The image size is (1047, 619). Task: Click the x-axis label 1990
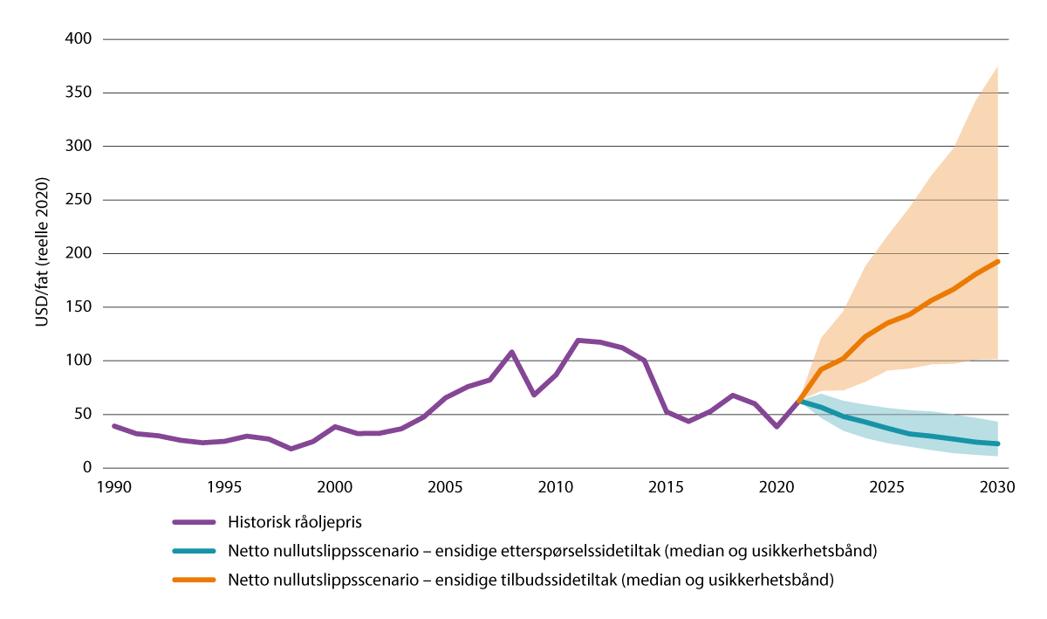click(113, 486)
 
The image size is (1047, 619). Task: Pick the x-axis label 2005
click(445, 486)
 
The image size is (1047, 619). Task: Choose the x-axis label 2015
click(666, 486)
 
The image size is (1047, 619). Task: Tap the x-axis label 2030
click(997, 486)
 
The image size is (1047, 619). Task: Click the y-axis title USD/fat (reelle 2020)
click(41, 253)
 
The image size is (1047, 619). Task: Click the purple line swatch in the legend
click(194, 522)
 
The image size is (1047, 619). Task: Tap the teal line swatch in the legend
click(194, 551)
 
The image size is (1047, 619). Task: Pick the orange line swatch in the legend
click(194, 580)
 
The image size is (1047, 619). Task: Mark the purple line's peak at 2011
click(578, 340)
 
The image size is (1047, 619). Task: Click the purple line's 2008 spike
click(511, 352)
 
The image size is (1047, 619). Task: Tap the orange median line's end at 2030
click(997, 261)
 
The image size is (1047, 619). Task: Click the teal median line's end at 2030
click(997, 444)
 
